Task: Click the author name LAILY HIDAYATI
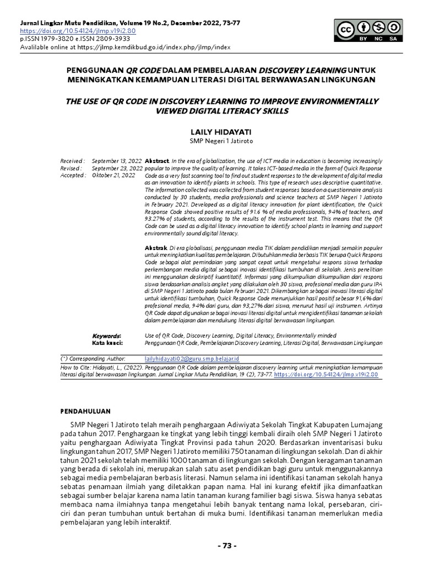click(x=211, y=133)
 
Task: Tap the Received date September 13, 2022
click(x=117, y=160)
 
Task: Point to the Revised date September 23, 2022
click(x=117, y=167)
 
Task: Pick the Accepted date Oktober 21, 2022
click(x=113, y=175)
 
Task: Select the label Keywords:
click(x=106, y=335)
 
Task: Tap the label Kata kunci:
click(x=107, y=343)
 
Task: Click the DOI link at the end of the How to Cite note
click(x=326, y=374)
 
